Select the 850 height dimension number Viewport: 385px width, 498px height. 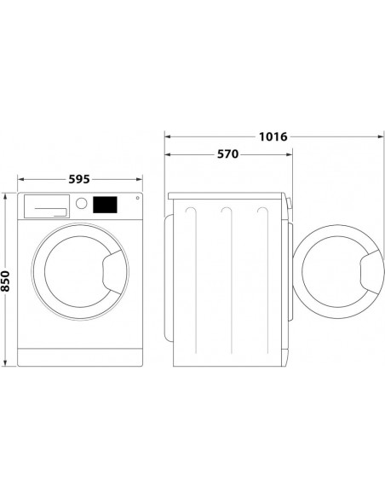click(8, 281)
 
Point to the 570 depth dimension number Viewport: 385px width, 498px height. click(227, 155)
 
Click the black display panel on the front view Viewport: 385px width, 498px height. click(106, 206)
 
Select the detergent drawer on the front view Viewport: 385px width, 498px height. click(46, 206)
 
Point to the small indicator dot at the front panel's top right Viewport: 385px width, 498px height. click(135, 201)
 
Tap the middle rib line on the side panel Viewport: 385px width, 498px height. click(227, 281)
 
